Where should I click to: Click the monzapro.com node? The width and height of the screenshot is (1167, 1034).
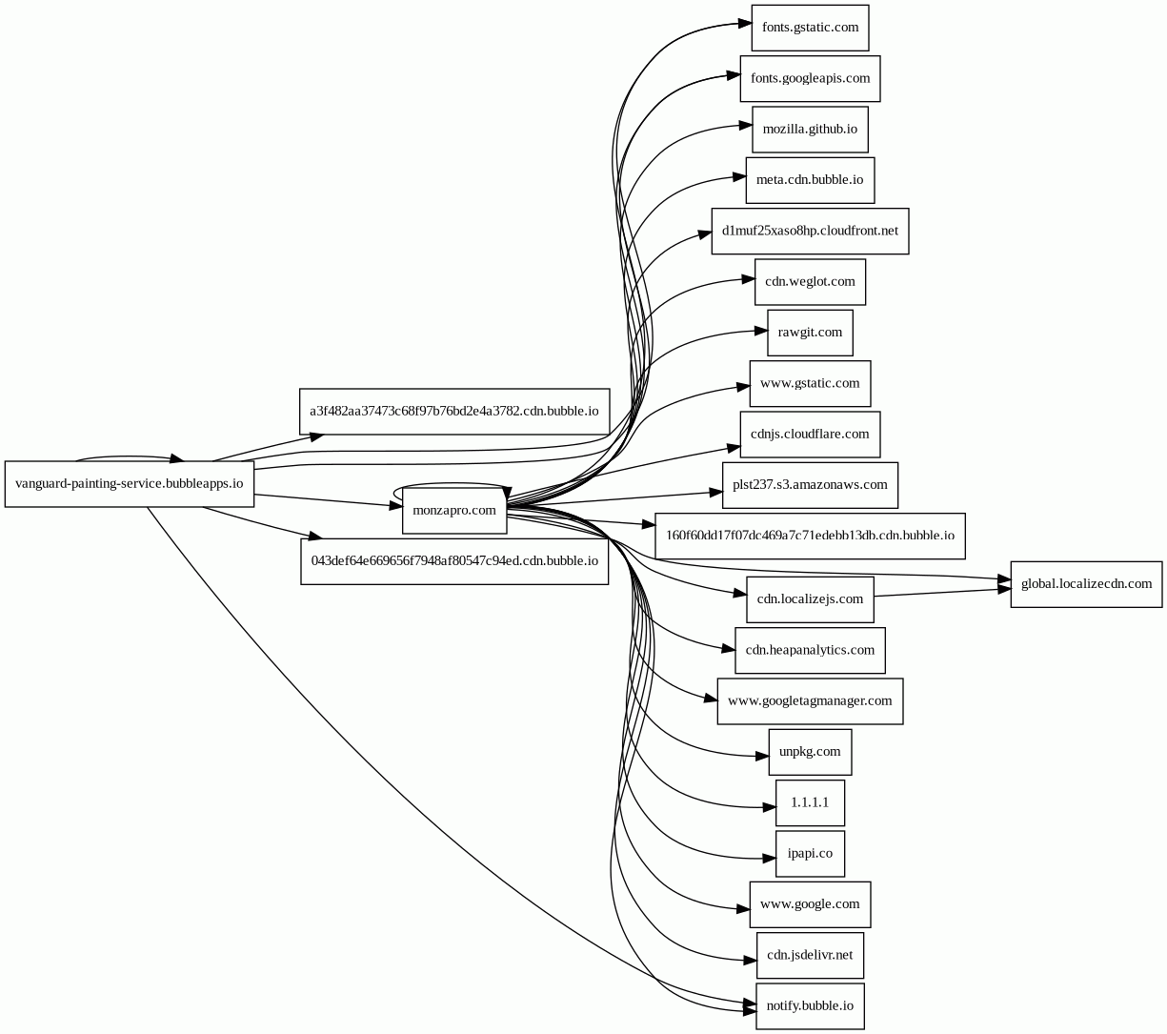pyautogui.click(x=454, y=510)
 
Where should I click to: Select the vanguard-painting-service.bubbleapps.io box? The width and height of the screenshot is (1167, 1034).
pyautogui.click(x=130, y=484)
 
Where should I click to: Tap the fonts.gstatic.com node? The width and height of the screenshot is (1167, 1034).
pyautogui.click(x=810, y=28)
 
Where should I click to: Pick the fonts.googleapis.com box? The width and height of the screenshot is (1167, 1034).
pyautogui.click(x=810, y=78)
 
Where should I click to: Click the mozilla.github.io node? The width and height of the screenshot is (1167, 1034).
pyautogui.click(x=810, y=129)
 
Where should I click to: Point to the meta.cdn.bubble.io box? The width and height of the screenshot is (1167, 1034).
pyautogui.click(x=810, y=180)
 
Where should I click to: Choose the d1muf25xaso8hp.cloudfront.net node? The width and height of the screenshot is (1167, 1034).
pyautogui.click(x=810, y=231)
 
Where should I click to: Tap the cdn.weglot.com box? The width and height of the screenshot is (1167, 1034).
pyautogui.click(x=810, y=282)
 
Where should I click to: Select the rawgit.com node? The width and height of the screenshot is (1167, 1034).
pyautogui.click(x=810, y=333)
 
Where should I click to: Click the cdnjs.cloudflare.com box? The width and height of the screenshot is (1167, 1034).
pyautogui.click(x=810, y=435)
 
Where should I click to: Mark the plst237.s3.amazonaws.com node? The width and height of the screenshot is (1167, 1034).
pyautogui.click(x=810, y=485)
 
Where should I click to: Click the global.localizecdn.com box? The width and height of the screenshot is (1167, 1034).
pyautogui.click(x=1086, y=584)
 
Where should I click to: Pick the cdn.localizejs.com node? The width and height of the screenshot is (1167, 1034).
pyautogui.click(x=810, y=599)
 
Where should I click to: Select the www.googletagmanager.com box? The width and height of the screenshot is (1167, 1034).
pyautogui.click(x=810, y=701)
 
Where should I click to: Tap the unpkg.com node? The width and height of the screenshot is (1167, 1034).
pyautogui.click(x=810, y=752)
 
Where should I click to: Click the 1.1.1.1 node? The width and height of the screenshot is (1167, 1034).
pyautogui.click(x=810, y=802)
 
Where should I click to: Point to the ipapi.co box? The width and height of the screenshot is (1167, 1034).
pyautogui.click(x=810, y=853)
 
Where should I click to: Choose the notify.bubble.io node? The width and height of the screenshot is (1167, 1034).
pyautogui.click(x=810, y=1005)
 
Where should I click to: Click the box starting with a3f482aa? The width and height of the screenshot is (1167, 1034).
pyautogui.click(x=454, y=412)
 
